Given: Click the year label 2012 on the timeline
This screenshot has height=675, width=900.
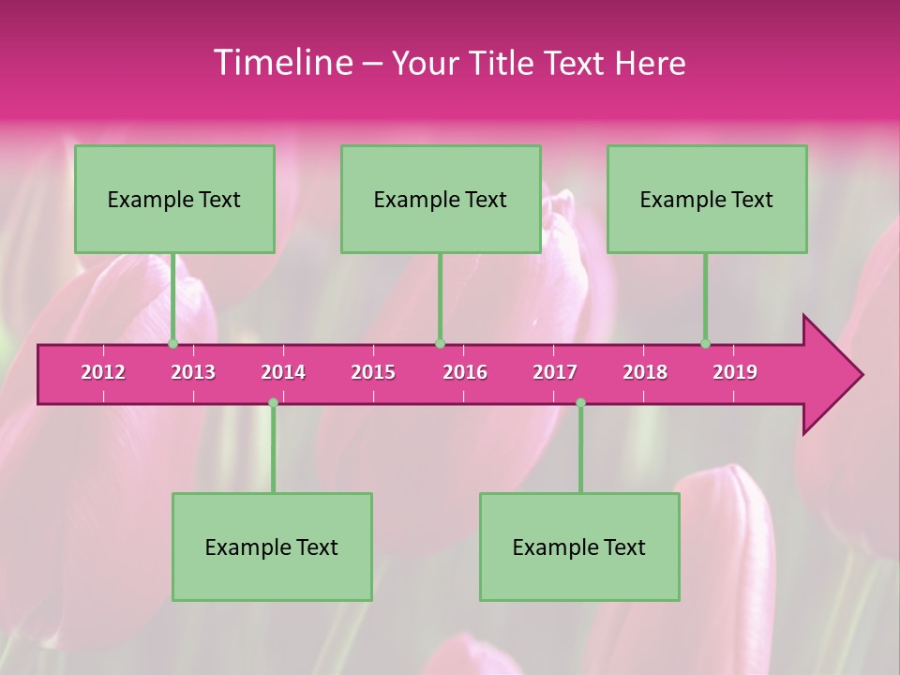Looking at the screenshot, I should [x=103, y=372].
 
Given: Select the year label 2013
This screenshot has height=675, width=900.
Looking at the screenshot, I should [x=193, y=372].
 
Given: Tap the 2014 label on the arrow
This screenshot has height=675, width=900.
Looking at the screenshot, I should [x=283, y=372].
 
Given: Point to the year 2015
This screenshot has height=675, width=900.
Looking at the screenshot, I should [x=373, y=372].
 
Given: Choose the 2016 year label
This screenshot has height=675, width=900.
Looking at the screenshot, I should [x=465, y=372].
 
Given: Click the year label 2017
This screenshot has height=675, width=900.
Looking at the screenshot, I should [x=555, y=372].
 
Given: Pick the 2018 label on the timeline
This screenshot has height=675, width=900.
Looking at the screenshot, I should [x=645, y=372].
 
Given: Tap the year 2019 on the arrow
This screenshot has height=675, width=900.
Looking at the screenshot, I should [x=735, y=372].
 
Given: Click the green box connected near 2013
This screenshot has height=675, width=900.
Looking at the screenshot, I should [x=174, y=199].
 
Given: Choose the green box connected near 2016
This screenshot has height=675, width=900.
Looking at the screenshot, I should [x=441, y=199].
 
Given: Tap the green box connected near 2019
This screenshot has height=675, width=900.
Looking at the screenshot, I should [x=707, y=199].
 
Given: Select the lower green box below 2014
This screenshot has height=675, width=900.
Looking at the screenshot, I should [x=272, y=547].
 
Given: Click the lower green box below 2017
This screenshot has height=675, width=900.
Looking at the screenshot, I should [x=579, y=547].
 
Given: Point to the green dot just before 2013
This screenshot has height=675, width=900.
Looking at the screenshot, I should [x=172, y=344].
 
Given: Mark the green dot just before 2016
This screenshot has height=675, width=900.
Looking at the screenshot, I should [x=440, y=344].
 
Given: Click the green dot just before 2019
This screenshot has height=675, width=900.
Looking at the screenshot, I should [x=705, y=344].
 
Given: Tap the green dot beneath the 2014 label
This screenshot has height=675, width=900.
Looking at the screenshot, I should [x=273, y=402].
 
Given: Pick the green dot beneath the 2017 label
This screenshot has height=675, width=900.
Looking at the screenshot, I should [x=580, y=402].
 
